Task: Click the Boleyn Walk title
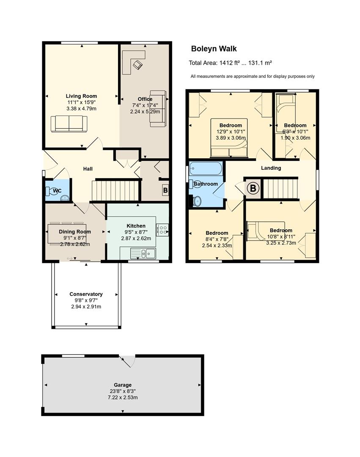[214, 49]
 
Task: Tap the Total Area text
[230, 63]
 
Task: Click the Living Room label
[81, 96]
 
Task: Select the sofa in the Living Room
[69, 124]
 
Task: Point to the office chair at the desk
[137, 64]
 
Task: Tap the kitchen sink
[143, 253]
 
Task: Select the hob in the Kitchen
[162, 230]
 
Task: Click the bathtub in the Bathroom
[206, 168]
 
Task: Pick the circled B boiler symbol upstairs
[253, 188]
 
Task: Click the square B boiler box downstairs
[165, 190]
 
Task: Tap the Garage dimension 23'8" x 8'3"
[123, 391]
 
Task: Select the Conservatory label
[86, 294]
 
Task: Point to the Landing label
[271, 168]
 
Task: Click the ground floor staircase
[115, 191]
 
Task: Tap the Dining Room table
[67, 234]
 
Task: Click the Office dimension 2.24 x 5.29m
[145, 111]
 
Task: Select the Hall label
[88, 169]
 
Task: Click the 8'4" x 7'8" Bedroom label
[217, 233]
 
